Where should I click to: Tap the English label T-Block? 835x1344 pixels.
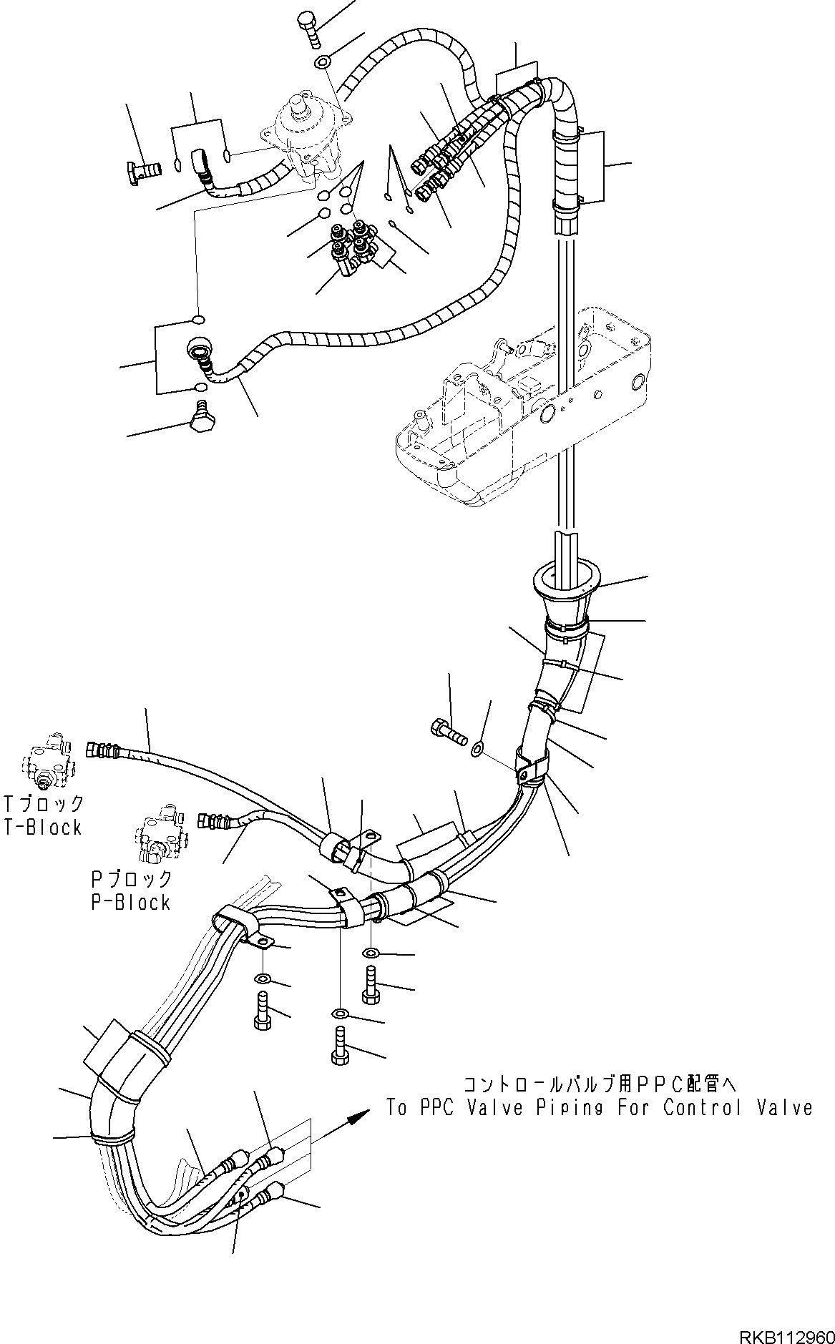click(x=41, y=828)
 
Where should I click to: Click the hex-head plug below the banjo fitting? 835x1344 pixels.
click(x=202, y=416)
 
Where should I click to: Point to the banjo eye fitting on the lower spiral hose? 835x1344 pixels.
click(x=197, y=350)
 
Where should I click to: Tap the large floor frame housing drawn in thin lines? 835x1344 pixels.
click(x=522, y=408)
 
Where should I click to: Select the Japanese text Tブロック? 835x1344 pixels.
click(x=43, y=803)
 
